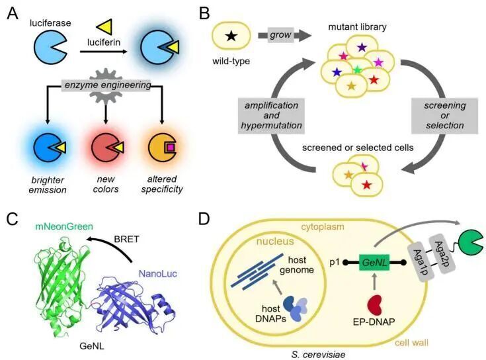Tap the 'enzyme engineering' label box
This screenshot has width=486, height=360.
(107, 85)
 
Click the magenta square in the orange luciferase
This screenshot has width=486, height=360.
(170, 148)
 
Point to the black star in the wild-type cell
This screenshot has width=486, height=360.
(231, 36)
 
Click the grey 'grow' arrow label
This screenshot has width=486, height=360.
(280, 35)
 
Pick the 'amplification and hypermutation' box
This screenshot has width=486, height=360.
(271, 116)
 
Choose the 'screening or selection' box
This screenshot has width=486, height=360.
(444, 116)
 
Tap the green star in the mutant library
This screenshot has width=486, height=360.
(358, 69)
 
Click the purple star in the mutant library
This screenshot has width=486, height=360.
(362, 48)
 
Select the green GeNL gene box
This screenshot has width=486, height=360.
(374, 263)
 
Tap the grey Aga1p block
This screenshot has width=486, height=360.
(419, 262)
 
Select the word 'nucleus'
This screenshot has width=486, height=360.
(275, 241)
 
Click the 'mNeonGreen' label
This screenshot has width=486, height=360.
(64, 226)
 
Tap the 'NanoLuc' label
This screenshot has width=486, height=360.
(158, 273)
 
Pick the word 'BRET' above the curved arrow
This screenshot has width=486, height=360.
(126, 239)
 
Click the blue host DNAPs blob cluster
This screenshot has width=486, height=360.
(296, 308)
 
